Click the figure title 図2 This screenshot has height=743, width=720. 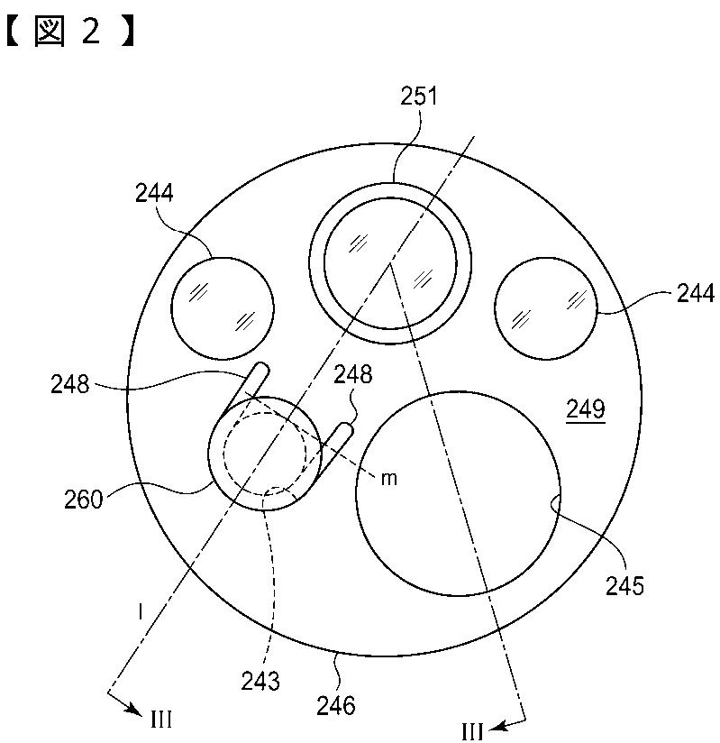(71, 32)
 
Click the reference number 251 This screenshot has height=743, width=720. (419, 96)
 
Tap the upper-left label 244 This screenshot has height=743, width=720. (154, 193)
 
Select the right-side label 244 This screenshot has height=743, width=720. (696, 293)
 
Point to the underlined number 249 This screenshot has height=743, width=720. (586, 409)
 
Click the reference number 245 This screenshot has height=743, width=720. (624, 586)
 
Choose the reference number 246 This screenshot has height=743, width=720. (336, 705)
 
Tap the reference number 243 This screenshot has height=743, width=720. (260, 682)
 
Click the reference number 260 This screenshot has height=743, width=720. (84, 500)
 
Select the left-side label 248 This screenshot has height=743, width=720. (69, 384)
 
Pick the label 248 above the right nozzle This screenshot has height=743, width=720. (353, 374)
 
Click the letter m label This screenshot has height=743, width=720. (389, 479)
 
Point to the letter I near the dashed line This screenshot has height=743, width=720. (141, 612)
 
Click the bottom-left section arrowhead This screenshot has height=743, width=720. (135, 711)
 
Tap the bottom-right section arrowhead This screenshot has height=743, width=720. (496, 727)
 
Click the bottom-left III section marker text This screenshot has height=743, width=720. (161, 720)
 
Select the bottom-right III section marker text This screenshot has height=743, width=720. (472, 732)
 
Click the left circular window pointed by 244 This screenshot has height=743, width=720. (223, 308)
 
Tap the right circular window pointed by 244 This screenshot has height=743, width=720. (546, 308)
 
